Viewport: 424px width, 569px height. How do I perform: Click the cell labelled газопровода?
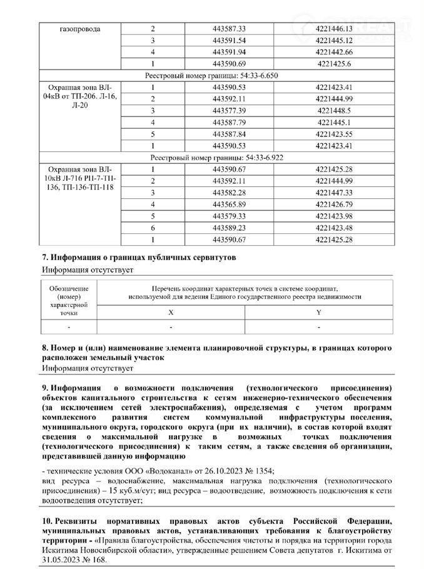(80, 29)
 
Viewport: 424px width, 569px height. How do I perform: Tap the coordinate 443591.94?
(230, 52)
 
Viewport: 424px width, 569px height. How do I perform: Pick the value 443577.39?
(230, 111)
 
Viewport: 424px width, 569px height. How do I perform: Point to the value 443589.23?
(230, 228)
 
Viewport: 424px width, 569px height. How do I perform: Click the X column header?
(171, 311)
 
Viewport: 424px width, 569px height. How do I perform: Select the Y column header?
(318, 311)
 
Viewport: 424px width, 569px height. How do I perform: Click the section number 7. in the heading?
(45, 258)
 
